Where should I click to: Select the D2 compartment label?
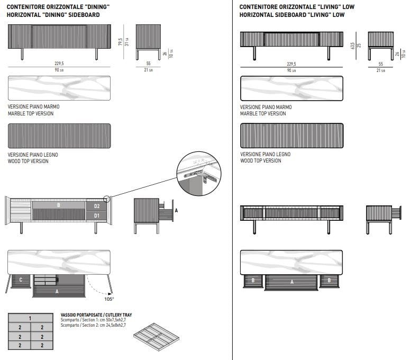(x=96, y=205)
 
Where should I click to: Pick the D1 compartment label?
(x=96, y=215)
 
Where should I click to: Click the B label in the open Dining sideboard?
(x=59, y=205)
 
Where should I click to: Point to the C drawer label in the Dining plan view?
(x=20, y=279)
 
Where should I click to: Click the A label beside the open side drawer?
(x=176, y=210)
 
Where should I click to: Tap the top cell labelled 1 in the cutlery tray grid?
(x=30, y=318)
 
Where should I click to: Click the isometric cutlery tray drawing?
(x=157, y=335)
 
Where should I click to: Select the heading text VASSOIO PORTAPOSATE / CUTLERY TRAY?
(x=96, y=314)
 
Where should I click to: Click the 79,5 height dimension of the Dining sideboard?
(x=121, y=41)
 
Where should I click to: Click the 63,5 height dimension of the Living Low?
(x=353, y=44)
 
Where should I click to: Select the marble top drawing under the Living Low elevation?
(x=291, y=88)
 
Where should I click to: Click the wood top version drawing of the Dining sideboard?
(x=59, y=136)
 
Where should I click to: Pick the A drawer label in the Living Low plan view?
(x=291, y=282)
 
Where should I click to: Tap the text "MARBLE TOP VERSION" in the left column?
(x=31, y=113)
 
